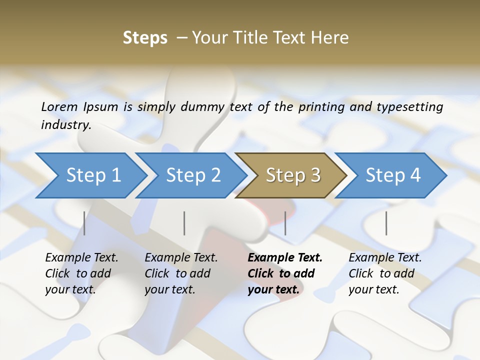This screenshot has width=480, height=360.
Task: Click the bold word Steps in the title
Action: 145,38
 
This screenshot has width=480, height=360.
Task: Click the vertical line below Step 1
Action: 84,223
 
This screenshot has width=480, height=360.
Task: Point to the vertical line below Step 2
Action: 184,223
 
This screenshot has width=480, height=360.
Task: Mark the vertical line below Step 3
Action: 285,223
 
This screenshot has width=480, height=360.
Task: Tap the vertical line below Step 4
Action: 386,223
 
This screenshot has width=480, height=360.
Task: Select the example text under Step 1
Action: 81,273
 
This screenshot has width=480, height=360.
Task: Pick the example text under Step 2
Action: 181,273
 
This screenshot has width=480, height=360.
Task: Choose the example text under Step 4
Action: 385,273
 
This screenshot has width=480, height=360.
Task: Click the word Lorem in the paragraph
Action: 59,107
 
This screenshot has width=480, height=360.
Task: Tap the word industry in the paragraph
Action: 65,125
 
